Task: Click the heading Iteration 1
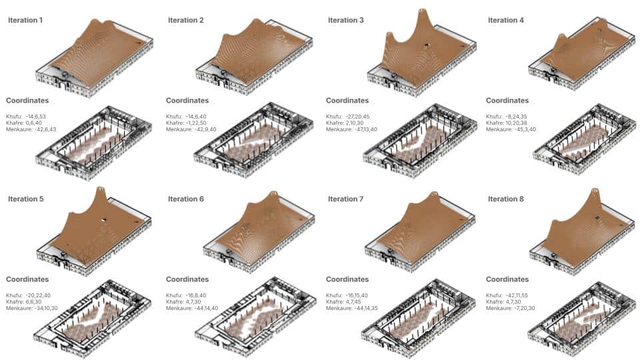pos(25,20)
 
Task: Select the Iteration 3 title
pos(346,20)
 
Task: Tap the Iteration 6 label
pos(186,199)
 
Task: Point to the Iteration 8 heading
pos(506,199)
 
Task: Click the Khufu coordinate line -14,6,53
pos(26,116)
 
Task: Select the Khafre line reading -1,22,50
pos(186,123)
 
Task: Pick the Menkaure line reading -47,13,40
pos(351,129)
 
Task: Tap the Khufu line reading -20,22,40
pos(28,295)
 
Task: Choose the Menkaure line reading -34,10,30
pos(32,308)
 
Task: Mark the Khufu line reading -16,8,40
pos(186,295)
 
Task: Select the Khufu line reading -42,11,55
pos(507,295)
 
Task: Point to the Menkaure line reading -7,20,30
pos(510,308)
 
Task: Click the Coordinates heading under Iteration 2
pos(187,101)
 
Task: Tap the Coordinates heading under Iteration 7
pos(347,279)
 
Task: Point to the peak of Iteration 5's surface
pos(101,189)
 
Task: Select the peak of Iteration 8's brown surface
pos(594,190)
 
